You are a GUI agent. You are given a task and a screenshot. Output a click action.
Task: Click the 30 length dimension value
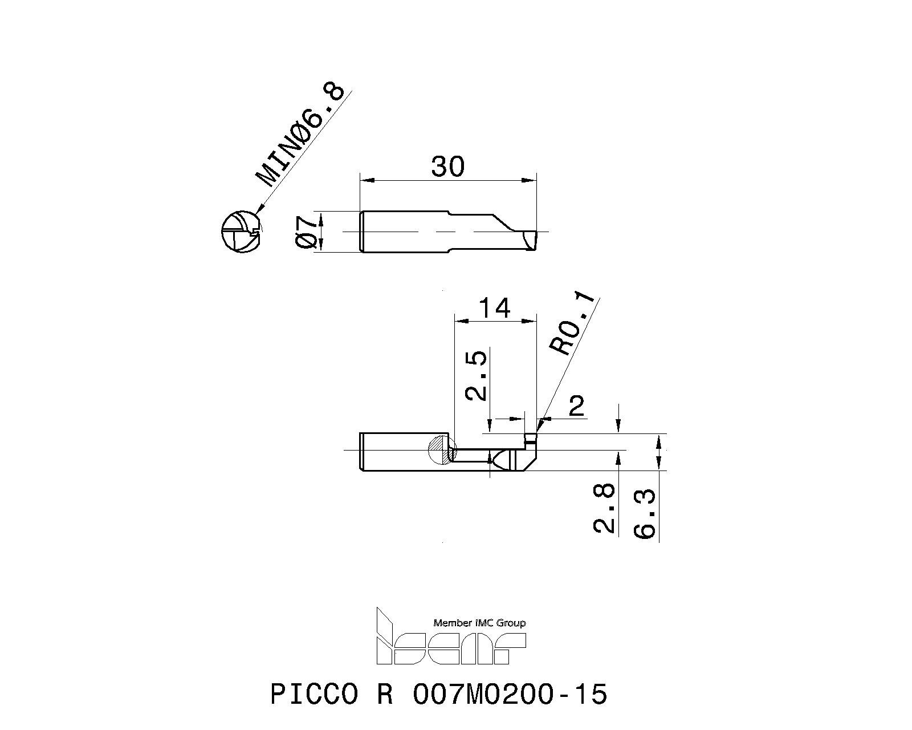pyautogui.click(x=448, y=167)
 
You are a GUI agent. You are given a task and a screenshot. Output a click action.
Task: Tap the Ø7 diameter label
pyautogui.click(x=307, y=232)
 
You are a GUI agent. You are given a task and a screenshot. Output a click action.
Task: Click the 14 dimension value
pyautogui.click(x=494, y=309)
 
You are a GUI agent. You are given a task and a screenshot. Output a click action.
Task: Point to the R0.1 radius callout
pyautogui.click(x=572, y=325)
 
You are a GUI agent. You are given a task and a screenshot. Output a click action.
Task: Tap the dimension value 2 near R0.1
pyautogui.click(x=577, y=406)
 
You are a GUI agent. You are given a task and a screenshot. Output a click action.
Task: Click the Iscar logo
pyautogui.click(x=450, y=644)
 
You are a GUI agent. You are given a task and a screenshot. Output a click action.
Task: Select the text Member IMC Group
pyautogui.click(x=479, y=623)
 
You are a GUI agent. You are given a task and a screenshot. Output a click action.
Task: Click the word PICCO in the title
pyautogui.click(x=314, y=695)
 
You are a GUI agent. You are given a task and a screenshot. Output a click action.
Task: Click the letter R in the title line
pyautogui.click(x=385, y=695)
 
